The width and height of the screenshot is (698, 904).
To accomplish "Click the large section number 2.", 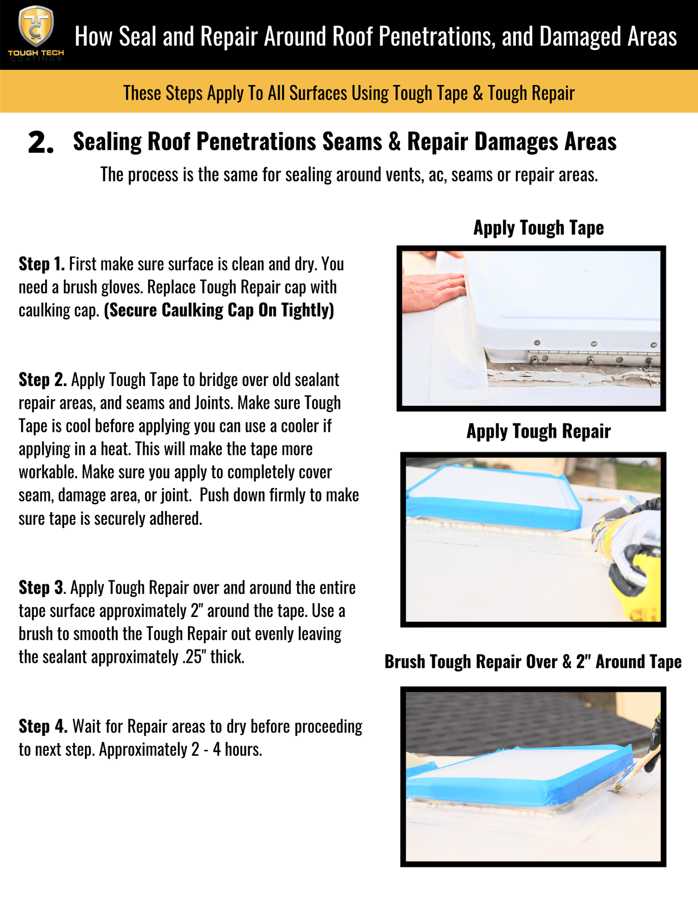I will click(x=41, y=143).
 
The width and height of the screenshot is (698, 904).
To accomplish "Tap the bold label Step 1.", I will click(x=42, y=264).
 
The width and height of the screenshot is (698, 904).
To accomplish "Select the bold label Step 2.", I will click(x=43, y=380).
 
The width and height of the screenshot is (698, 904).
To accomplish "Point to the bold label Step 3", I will click(x=41, y=588).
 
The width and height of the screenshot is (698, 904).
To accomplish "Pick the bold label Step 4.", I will click(x=43, y=726).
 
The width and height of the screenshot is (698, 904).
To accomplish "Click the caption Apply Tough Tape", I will click(x=538, y=228).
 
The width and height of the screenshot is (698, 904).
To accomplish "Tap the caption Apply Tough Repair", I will click(x=538, y=431).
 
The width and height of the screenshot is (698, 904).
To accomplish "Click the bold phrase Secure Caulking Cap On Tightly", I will click(x=219, y=310).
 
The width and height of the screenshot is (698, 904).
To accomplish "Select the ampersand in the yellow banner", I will click(x=478, y=93).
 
